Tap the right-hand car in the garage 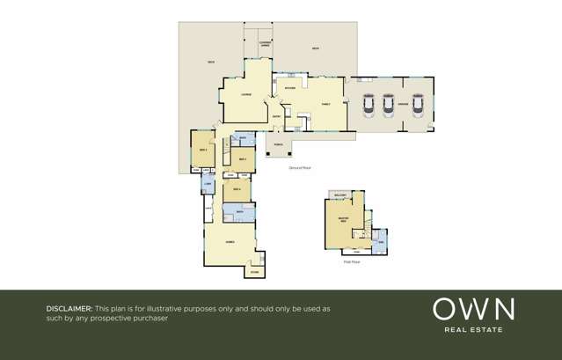pos(416,105)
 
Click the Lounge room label pos(246,94)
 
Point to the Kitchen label pos(290,88)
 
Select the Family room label pos(326,103)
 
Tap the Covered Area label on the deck pos(265,43)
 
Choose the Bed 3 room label pos(203,151)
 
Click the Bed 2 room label pos(242,158)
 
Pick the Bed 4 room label pos(237,189)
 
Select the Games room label pos(230,241)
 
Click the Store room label pos(254,272)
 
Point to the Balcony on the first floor pos(340,195)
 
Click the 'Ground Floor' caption pos(300,167)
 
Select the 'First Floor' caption pos(352,261)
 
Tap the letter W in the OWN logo pos(472,309)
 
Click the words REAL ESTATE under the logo pos(473,330)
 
